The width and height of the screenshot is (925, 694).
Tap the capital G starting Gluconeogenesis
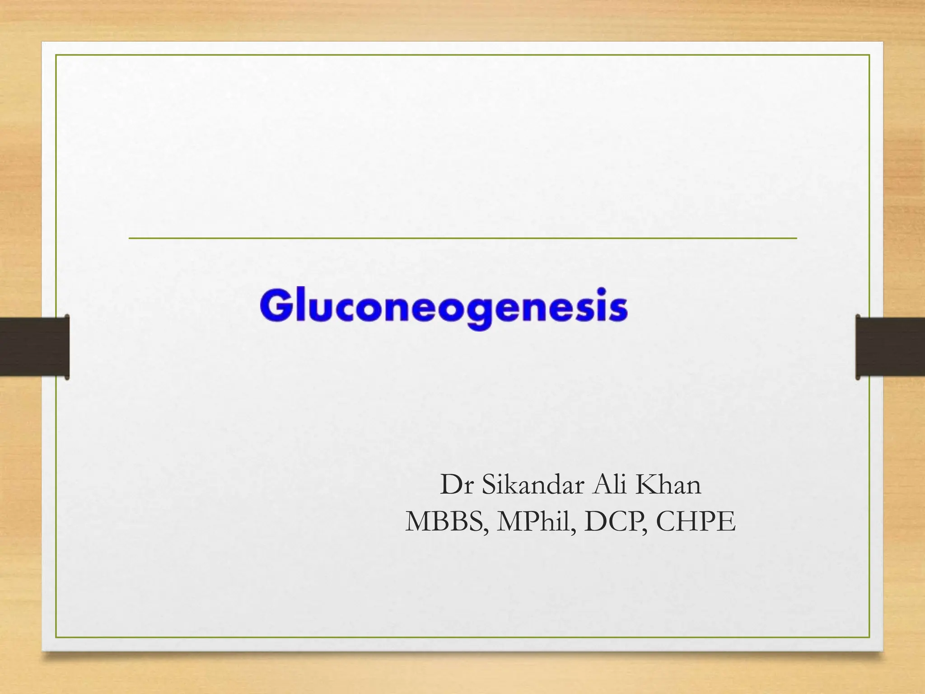coord(273,306)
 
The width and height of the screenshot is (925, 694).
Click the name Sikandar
coord(531,485)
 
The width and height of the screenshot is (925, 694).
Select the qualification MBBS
coord(446,522)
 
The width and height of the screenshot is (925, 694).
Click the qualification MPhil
coord(536,522)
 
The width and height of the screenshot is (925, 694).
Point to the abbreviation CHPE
coord(696,522)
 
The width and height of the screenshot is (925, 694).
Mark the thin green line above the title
coord(462,238)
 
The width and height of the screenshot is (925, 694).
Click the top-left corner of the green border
coord(56,55)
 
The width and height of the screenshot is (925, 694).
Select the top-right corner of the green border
coord(869,55)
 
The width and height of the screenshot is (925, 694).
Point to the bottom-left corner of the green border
coord(56,638)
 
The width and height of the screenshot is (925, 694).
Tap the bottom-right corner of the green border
coord(869,638)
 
